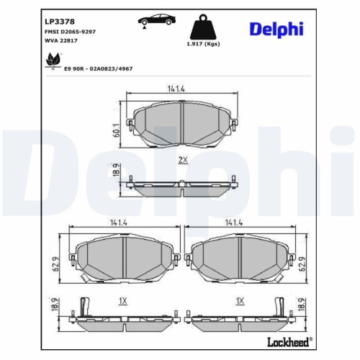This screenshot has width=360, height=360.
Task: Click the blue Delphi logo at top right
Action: coord(276,30)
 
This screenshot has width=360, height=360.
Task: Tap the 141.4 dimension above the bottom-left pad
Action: coord(119,223)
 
